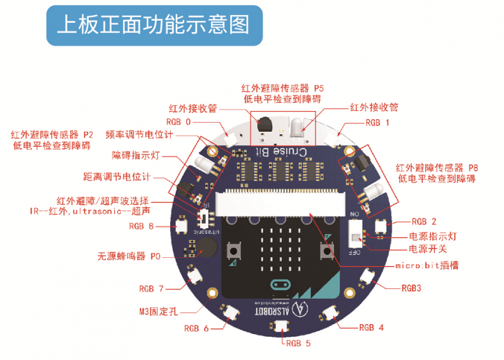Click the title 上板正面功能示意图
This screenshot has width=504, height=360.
153,25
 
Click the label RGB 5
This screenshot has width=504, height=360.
298,343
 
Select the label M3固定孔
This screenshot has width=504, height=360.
157,310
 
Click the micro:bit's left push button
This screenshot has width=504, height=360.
235,250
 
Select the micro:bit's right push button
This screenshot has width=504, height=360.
327,250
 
